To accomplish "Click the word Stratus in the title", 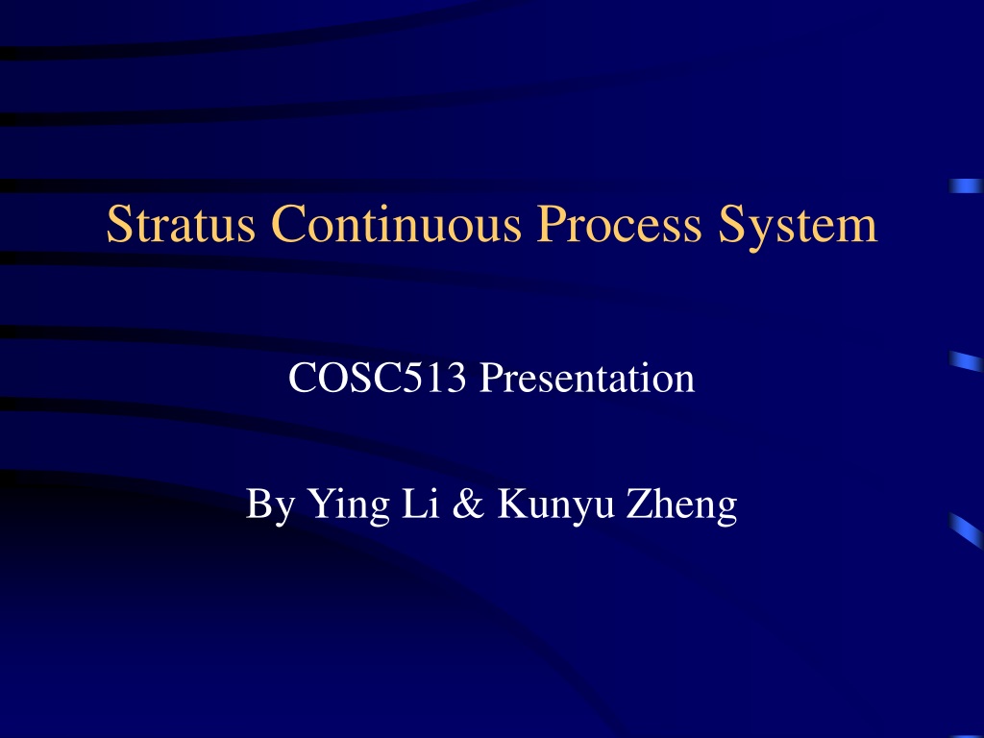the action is click(181, 223).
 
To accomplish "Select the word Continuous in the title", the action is click(396, 223).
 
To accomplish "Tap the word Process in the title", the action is click(619, 223).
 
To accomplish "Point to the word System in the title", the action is click(798, 227).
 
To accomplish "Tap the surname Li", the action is click(420, 503).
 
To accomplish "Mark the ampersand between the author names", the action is click(468, 504).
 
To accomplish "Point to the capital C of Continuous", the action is click(288, 224).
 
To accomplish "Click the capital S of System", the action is click(730, 224).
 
